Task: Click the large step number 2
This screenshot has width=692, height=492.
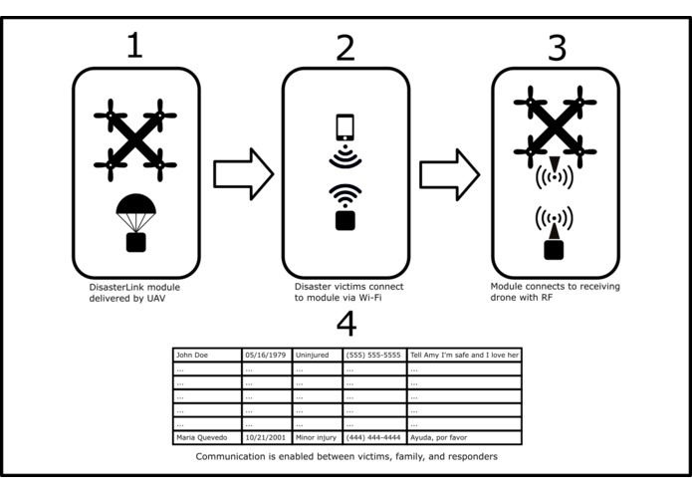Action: [x=345, y=47]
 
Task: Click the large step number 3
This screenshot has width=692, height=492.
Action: [x=557, y=46]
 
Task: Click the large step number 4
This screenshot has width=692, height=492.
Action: [x=346, y=325]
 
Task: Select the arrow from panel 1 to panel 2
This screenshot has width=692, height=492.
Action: [x=242, y=174]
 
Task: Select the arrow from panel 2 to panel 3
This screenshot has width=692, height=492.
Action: [x=450, y=174]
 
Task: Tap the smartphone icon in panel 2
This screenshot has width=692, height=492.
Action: [x=345, y=127]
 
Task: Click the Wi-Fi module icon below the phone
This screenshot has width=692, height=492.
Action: [x=345, y=207]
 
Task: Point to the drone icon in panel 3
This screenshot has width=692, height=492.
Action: [x=555, y=123]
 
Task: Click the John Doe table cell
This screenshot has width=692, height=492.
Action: [x=206, y=355]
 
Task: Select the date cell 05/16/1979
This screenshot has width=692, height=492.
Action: [x=266, y=355]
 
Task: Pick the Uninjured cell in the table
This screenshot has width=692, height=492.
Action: [x=317, y=355]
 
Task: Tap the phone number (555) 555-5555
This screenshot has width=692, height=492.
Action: [x=373, y=355]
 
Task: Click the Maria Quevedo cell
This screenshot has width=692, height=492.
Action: [x=206, y=437]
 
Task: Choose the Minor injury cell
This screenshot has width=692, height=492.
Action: [x=317, y=437]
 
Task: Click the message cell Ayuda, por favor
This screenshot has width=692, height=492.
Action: [x=464, y=437]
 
